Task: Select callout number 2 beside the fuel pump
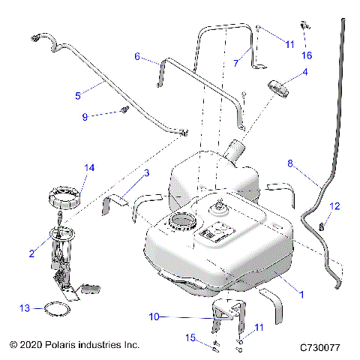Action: pos(31,254)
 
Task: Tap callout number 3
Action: pos(147,174)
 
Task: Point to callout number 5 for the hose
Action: pos(78,95)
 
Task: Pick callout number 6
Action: pos(137,56)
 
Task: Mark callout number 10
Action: pos(154,317)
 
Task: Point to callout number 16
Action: pos(307,55)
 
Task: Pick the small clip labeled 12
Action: pos(322,223)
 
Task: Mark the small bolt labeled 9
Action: pos(122,112)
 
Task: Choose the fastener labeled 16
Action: pos(305,28)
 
